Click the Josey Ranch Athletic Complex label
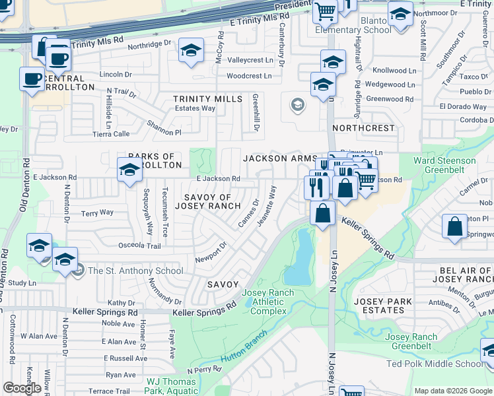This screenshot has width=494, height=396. [264, 302]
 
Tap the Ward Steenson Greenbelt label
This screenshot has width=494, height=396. [444, 165]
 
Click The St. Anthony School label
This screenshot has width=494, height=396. [135, 271]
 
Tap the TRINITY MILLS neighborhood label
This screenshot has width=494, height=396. [208, 99]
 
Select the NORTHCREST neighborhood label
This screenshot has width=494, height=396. [363, 127]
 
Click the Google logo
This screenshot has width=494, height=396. [22, 388]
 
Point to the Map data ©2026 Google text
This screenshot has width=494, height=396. [453, 391]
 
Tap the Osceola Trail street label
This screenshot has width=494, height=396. [139, 246]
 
